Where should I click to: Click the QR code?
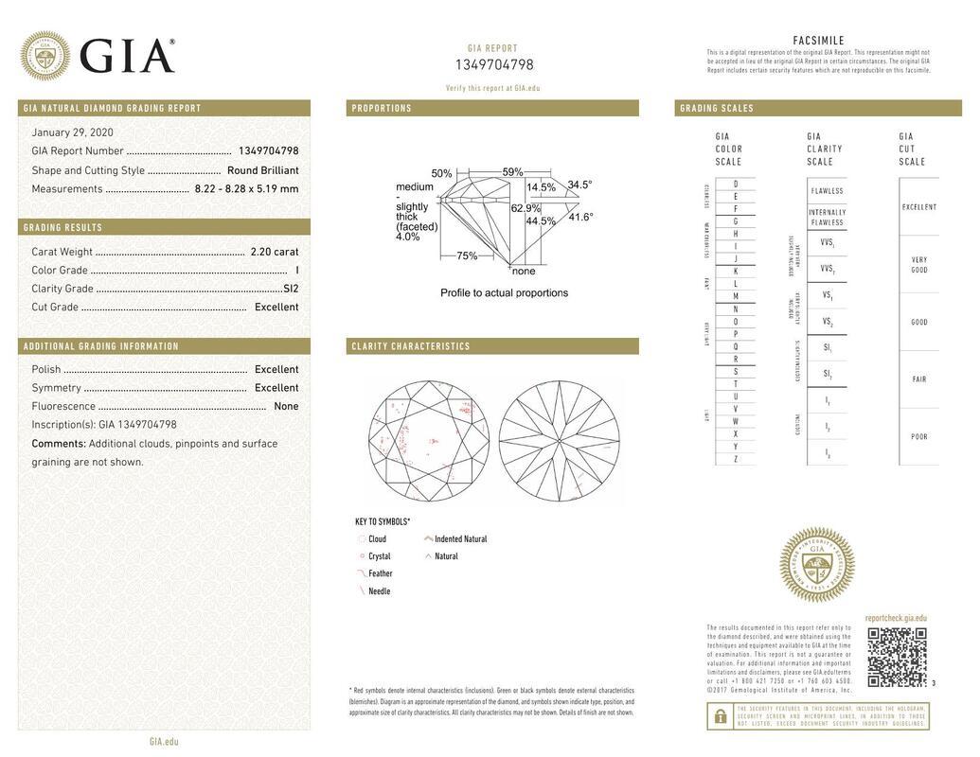[x=896, y=657]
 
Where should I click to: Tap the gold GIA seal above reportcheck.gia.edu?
[x=816, y=565]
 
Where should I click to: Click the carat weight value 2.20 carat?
[x=274, y=252]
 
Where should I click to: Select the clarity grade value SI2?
[x=290, y=289]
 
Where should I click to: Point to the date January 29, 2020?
[x=72, y=132]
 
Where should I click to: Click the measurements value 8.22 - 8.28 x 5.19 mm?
[x=246, y=189]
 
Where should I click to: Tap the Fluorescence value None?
[x=285, y=407]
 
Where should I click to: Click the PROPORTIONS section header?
[x=382, y=109]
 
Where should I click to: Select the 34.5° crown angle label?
[x=579, y=185]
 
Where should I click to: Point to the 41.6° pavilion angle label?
[x=580, y=217]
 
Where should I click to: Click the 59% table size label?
[x=512, y=172]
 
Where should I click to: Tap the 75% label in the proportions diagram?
[x=467, y=255]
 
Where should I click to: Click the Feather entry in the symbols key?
[x=380, y=573]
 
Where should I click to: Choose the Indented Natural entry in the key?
[x=460, y=539]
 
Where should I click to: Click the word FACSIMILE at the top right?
[x=818, y=41]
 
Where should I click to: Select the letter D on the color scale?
[x=736, y=184]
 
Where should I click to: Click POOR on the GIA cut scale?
[x=918, y=437]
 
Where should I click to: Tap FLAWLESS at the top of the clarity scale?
[x=827, y=191]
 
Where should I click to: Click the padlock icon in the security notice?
[x=720, y=717]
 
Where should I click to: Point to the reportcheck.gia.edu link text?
[x=896, y=618]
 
